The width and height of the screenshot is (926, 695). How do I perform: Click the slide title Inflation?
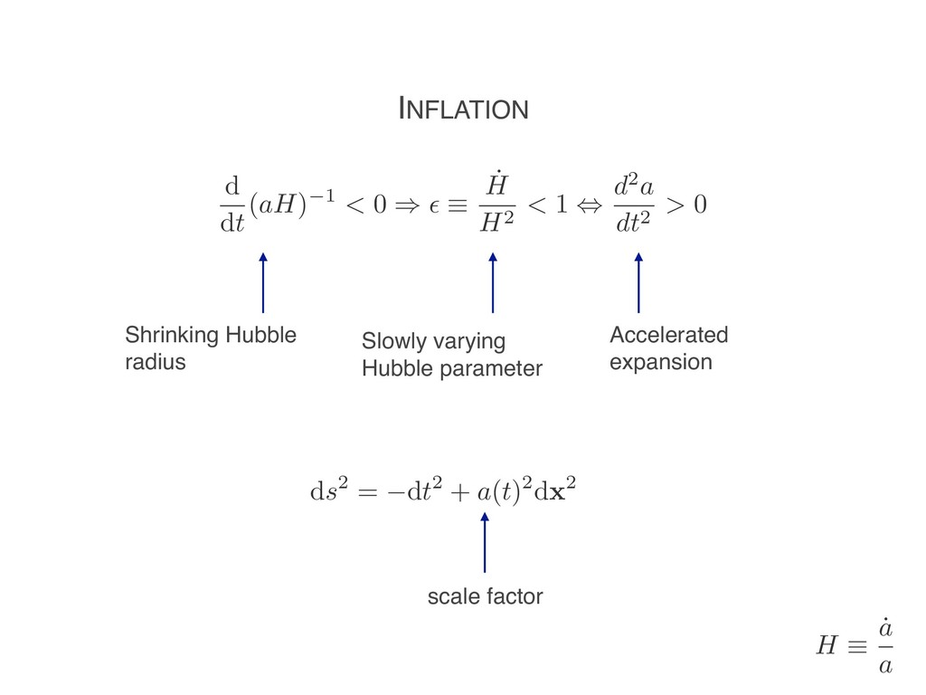coord(463,109)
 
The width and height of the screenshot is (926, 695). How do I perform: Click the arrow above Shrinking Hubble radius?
coord(263,283)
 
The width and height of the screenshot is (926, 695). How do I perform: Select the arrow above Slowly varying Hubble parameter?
coord(493,283)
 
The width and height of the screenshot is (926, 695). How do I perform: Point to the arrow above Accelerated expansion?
coord(638,283)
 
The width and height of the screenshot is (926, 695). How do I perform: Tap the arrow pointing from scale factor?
coord(485,542)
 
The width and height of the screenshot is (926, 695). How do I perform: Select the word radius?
coord(155,363)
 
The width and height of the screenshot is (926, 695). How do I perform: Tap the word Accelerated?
coord(668,336)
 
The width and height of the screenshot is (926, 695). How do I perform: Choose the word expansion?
coord(660,363)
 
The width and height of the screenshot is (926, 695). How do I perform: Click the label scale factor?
coord(485,596)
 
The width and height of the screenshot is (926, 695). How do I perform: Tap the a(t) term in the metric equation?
coord(500,493)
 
